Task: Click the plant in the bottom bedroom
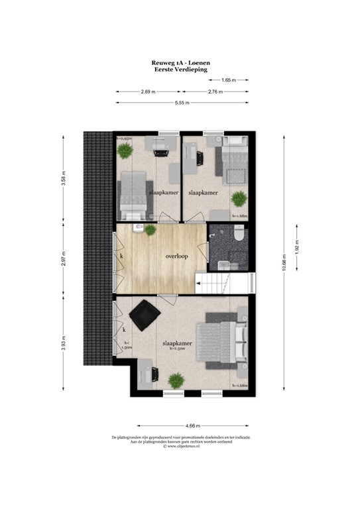coord(176,380)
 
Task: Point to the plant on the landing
coord(151,230)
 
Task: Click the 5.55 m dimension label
coord(182,103)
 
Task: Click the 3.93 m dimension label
coord(64,345)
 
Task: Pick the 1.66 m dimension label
coord(229,80)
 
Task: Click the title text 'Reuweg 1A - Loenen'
coord(180,61)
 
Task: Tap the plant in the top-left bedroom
coord(125,150)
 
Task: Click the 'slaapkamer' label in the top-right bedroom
coord(204,193)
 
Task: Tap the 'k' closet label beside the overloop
coord(121,255)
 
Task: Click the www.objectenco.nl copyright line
coord(180,446)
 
